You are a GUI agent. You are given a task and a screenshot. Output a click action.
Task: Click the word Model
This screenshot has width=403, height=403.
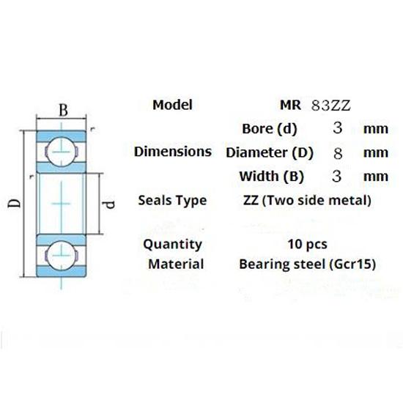(x=172, y=105)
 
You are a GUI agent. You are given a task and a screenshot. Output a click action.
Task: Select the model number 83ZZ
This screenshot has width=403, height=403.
(x=330, y=106)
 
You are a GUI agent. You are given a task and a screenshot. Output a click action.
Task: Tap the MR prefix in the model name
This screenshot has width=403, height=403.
(x=290, y=105)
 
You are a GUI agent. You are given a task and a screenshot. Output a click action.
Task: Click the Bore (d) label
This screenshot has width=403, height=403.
(x=270, y=128)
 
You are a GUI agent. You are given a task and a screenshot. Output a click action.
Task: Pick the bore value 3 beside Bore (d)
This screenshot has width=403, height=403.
(x=338, y=127)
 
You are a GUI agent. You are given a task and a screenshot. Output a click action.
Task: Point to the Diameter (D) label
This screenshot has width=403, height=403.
(x=270, y=152)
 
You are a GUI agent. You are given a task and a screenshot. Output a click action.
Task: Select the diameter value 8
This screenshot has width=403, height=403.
(x=338, y=153)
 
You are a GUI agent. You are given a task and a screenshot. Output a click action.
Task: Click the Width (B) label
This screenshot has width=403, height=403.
(x=272, y=177)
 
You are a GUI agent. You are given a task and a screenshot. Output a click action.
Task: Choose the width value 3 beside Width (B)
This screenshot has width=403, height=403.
(x=337, y=177)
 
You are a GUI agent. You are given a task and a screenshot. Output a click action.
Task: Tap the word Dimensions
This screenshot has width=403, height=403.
(x=173, y=152)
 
